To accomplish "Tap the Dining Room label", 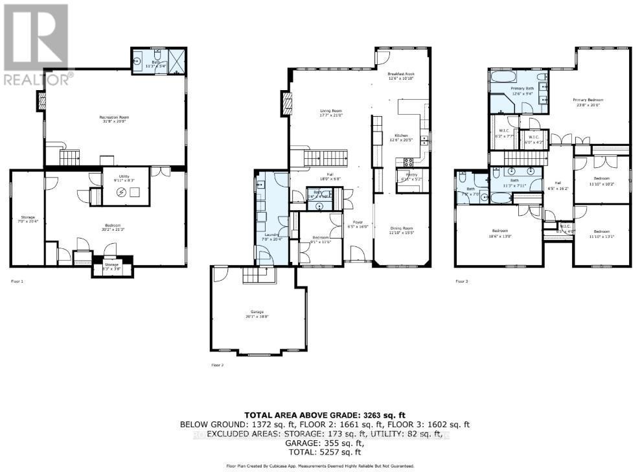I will tap(400, 229).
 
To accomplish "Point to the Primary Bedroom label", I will tap(588, 100).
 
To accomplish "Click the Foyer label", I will tap(357, 222).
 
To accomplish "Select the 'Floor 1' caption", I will tap(17, 281).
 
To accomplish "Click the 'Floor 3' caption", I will tap(461, 281).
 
